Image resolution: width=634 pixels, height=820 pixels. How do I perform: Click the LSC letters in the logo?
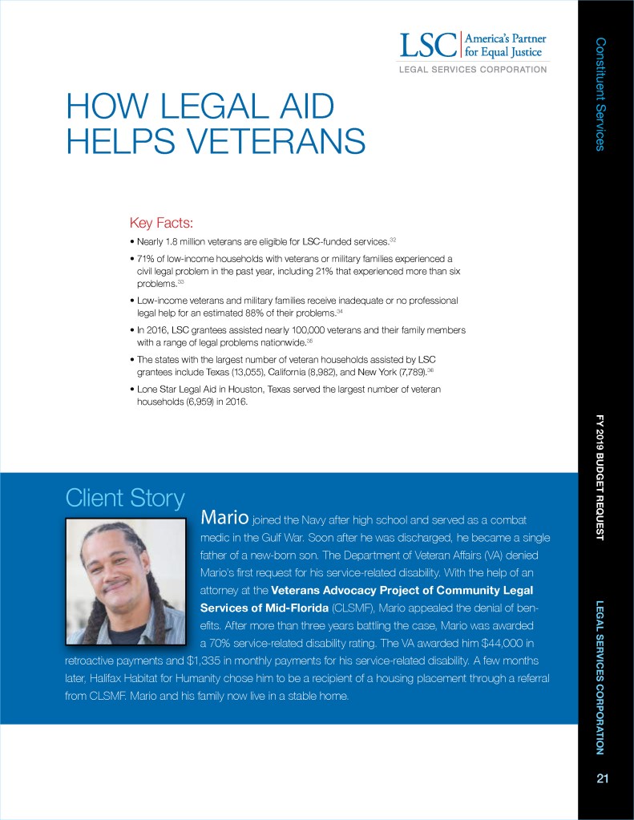tap(427, 45)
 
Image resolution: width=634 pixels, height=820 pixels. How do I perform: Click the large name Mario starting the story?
tap(227, 515)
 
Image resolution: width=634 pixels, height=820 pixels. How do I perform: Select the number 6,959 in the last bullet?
tap(206, 402)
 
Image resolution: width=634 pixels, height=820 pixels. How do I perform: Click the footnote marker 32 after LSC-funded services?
tap(393, 239)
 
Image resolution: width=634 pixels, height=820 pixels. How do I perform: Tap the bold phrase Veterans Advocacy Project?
tap(349, 590)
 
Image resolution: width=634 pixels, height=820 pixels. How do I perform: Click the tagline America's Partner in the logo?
tap(508, 38)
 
